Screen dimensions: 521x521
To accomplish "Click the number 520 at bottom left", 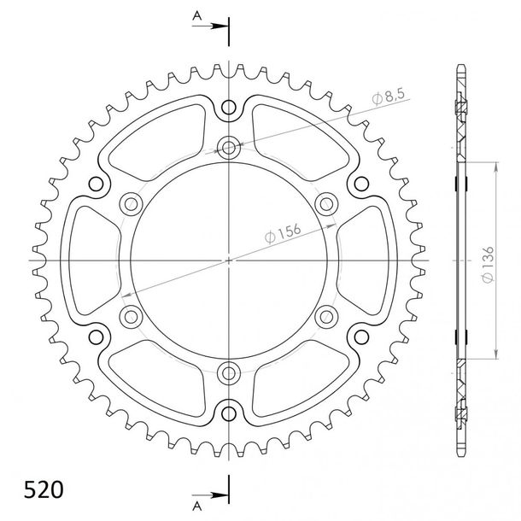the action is click(44, 489).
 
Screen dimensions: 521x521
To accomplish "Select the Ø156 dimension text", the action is click(283, 233).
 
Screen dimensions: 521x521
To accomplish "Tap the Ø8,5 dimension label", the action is click(389, 97).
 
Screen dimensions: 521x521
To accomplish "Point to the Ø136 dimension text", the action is click(488, 265).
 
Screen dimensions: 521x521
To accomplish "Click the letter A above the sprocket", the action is click(197, 15).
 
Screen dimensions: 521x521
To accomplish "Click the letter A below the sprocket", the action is click(197, 506).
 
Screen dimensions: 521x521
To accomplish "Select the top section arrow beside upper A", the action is click(210, 26).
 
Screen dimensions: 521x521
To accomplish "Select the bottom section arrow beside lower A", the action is click(210, 495).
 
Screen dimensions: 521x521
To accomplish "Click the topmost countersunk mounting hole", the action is click(229, 147).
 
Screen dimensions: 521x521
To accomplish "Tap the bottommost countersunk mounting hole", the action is click(229, 373).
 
